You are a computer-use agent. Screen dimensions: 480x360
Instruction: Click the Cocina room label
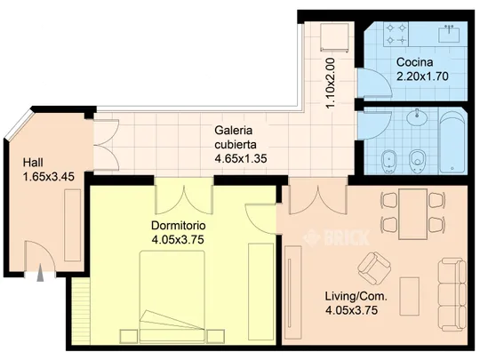click(x=414, y=62)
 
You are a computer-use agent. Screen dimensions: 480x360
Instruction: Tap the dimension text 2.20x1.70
click(x=422, y=76)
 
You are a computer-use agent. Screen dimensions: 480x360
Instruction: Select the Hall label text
click(x=33, y=163)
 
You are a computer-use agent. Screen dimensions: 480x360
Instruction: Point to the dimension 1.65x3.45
click(x=49, y=177)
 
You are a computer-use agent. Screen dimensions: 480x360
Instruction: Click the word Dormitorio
click(x=179, y=226)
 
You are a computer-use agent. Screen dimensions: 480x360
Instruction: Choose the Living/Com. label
click(x=356, y=296)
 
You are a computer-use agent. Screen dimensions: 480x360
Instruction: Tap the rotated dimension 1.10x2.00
click(x=331, y=83)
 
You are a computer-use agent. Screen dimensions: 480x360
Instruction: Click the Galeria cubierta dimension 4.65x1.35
click(x=241, y=158)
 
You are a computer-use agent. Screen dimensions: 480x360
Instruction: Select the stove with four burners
click(x=396, y=34)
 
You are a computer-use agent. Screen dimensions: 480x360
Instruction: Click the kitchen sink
click(x=449, y=34)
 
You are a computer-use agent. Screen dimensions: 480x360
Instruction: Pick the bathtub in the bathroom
click(x=452, y=141)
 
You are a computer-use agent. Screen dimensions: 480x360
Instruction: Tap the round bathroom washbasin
click(x=417, y=116)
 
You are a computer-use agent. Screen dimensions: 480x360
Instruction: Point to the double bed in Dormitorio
click(x=172, y=296)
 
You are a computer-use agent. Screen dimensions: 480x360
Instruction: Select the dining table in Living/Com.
click(x=413, y=214)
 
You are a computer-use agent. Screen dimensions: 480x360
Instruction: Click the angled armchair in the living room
click(x=374, y=268)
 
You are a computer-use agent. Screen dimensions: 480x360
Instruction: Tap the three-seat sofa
click(x=452, y=295)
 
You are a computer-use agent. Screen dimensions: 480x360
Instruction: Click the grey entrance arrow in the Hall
click(x=40, y=273)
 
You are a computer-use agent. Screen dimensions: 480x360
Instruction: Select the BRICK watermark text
click(x=336, y=237)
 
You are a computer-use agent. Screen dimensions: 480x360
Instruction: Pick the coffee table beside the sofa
click(x=410, y=296)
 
